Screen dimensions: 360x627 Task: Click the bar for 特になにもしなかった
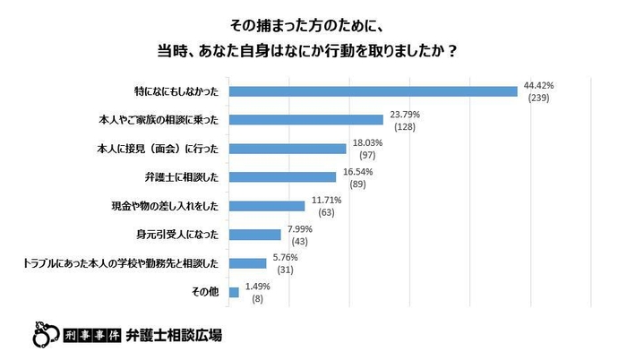(374, 90)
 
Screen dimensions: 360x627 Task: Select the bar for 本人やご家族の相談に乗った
(306, 119)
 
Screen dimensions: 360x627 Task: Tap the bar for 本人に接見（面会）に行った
(288, 148)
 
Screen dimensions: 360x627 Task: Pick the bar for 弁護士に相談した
(282, 176)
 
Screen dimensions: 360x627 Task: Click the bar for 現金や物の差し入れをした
(267, 206)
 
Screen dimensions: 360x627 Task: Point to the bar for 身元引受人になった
(255, 235)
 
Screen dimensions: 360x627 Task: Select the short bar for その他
(234, 292)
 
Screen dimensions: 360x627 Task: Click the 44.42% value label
(539, 85)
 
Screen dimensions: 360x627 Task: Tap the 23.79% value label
(404, 114)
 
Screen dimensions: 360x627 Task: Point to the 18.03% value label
(366, 142)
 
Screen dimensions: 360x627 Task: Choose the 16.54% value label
(356, 171)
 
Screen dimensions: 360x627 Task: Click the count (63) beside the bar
(325, 212)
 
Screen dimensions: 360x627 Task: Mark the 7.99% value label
(301, 229)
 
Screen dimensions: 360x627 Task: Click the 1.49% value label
(258, 287)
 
